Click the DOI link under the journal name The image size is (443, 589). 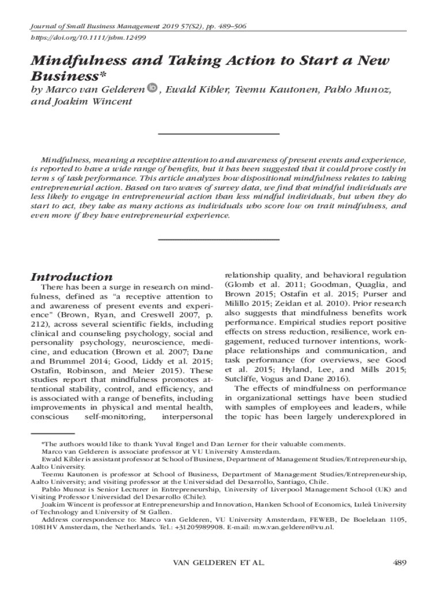point(80,36)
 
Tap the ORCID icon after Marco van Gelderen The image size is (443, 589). point(153,88)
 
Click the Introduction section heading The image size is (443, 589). point(71,276)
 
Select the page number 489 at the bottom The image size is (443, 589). point(399,562)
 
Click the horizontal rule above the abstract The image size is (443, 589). point(218,134)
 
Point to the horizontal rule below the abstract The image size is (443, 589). point(218,239)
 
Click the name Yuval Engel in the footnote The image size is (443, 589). point(161,444)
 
